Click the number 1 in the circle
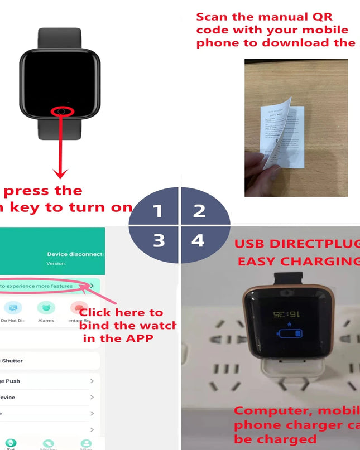coord(158,211)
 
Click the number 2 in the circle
coord(199,211)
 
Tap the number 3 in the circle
coord(159,240)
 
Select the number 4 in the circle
coord(198,240)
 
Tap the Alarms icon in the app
coord(46,308)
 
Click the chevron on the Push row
coord(92,381)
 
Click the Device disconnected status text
coord(76,254)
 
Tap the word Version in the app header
coord(56,263)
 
